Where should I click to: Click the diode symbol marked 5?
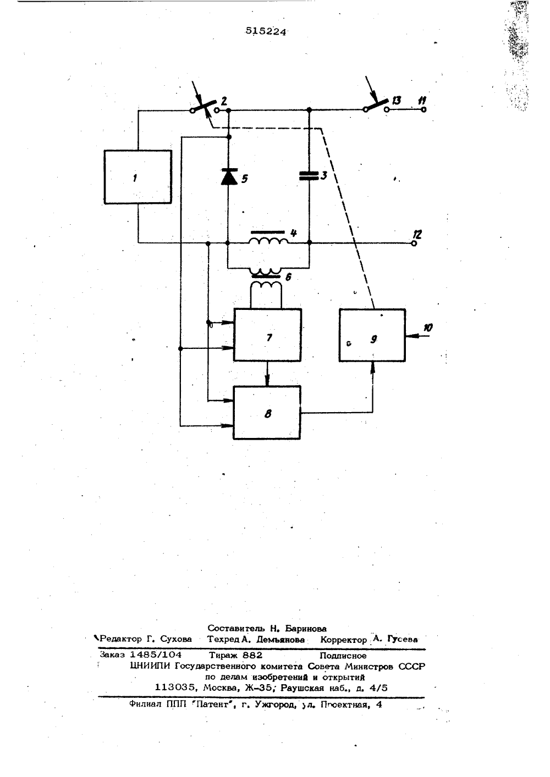click(229, 176)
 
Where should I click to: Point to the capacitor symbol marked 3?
click(309, 176)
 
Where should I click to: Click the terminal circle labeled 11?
click(424, 109)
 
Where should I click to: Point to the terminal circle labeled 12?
click(414, 243)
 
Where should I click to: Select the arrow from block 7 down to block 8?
click(267, 374)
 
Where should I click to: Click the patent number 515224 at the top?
click(266, 32)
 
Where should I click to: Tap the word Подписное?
click(343, 655)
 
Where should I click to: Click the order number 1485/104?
click(156, 654)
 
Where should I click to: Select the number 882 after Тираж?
click(252, 655)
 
